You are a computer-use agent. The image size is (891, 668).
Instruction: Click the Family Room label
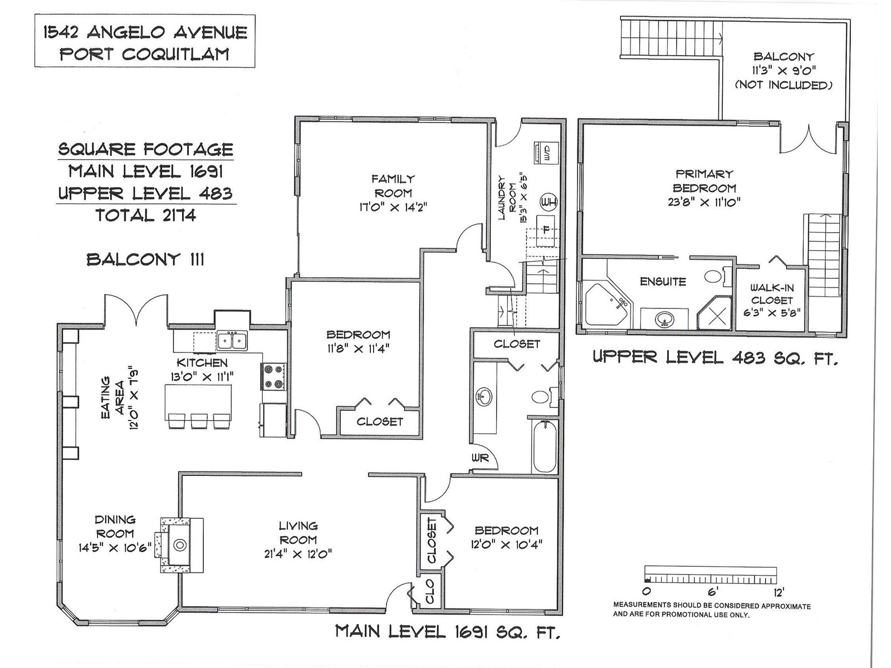pos(393,186)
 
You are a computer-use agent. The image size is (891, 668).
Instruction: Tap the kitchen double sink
pos(232,340)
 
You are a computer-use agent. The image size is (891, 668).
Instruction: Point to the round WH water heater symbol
pos(548,202)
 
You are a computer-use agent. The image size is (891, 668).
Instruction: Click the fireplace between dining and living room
pos(182,545)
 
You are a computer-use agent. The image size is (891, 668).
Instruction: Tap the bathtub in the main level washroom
pos(544,446)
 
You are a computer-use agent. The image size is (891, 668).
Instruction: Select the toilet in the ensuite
pos(717,277)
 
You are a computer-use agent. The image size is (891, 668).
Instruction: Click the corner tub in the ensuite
pos(607,304)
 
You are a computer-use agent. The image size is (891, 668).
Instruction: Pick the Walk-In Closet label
pos(772,294)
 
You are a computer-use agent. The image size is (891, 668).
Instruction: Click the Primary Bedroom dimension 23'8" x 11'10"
pos(704,202)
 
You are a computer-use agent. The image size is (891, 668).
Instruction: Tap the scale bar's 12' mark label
pos(778,592)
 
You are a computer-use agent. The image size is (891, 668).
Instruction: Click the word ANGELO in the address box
pos(128,32)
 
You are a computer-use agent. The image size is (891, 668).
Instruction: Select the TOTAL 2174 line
pos(146,215)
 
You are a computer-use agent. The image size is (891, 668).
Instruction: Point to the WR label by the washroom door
pos(480,458)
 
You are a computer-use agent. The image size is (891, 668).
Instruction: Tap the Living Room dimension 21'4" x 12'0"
pos(298,554)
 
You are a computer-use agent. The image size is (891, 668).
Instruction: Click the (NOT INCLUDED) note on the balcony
pos(784,85)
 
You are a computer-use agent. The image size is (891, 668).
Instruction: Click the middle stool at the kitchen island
pos(199,421)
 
